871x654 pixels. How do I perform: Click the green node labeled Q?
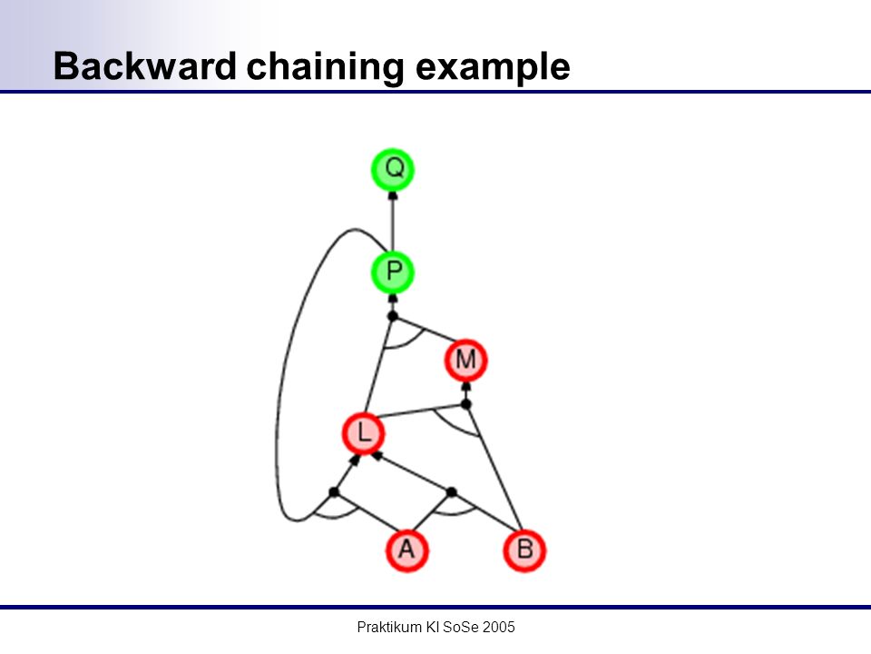[393, 169]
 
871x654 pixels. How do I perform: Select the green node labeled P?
[393, 272]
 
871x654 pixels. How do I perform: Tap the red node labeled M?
[466, 361]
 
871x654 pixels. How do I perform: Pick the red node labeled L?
[363, 433]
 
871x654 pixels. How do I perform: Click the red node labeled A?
[407, 550]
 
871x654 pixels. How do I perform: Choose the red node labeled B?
[525, 550]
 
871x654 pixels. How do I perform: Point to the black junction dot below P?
[393, 316]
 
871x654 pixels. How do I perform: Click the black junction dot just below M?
[466, 403]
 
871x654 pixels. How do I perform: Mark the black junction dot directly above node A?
[452, 492]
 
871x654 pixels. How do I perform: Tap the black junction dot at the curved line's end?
[334, 492]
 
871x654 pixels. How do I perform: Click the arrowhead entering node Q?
[393, 195]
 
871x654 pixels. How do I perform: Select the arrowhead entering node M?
[466, 387]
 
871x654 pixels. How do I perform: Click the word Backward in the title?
[145, 66]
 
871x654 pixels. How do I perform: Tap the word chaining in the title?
[326, 67]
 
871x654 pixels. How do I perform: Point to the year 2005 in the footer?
[499, 628]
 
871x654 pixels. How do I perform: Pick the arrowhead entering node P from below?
[393, 298]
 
